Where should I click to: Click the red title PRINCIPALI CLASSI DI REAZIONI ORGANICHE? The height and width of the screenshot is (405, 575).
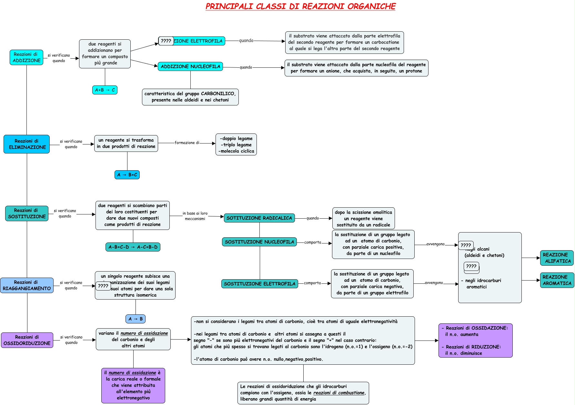(x=300, y=6)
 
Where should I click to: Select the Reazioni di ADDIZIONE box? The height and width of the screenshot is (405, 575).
(x=26, y=57)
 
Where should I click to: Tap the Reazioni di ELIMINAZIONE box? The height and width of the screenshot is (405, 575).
(x=27, y=144)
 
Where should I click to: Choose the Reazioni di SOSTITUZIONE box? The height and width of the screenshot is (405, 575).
(x=27, y=213)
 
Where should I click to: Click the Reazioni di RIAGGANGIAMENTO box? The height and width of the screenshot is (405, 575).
(x=27, y=285)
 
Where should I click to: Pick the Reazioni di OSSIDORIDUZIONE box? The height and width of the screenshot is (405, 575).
(x=27, y=340)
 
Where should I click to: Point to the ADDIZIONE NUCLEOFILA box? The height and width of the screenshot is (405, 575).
(x=190, y=66)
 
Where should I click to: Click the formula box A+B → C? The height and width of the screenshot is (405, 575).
(x=105, y=90)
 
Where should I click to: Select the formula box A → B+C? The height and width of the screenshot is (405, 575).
(x=127, y=175)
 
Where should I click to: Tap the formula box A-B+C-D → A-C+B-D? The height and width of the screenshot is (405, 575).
(x=133, y=247)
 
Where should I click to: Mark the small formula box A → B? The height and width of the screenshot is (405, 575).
(x=136, y=319)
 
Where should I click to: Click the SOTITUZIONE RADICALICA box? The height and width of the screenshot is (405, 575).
(x=259, y=218)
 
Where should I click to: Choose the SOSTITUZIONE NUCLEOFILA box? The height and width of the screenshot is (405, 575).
(x=259, y=242)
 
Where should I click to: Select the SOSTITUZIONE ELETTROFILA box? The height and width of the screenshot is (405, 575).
(x=259, y=284)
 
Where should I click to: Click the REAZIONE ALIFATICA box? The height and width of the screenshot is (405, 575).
(x=557, y=258)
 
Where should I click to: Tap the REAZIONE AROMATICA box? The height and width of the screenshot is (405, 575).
(x=557, y=280)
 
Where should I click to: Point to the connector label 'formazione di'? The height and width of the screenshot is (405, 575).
(x=187, y=143)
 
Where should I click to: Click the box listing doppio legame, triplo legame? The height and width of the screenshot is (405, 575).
(x=236, y=144)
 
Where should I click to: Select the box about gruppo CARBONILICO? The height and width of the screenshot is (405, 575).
(x=190, y=97)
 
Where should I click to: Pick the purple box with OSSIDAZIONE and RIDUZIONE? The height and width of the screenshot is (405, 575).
(x=475, y=341)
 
